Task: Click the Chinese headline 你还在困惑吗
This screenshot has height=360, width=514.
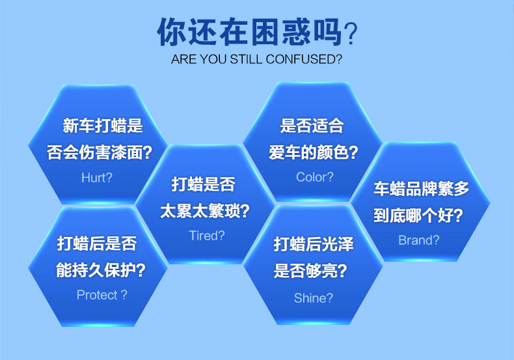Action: (249, 31)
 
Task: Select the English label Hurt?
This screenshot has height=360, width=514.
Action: (97, 177)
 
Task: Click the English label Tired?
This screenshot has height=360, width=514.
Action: (206, 236)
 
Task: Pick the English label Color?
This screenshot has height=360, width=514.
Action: (314, 177)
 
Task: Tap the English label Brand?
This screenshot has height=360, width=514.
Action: (418, 240)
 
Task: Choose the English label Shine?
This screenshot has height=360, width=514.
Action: (313, 298)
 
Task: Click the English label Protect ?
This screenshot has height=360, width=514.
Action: (101, 295)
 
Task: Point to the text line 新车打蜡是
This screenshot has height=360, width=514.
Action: (102, 126)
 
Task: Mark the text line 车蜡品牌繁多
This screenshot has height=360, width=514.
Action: (421, 189)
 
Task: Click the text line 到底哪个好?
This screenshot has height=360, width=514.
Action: (418, 215)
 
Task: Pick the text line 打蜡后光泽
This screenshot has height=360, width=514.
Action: (314, 245)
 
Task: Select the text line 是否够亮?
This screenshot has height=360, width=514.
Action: (310, 271)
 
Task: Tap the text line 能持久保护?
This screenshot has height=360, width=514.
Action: (101, 270)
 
